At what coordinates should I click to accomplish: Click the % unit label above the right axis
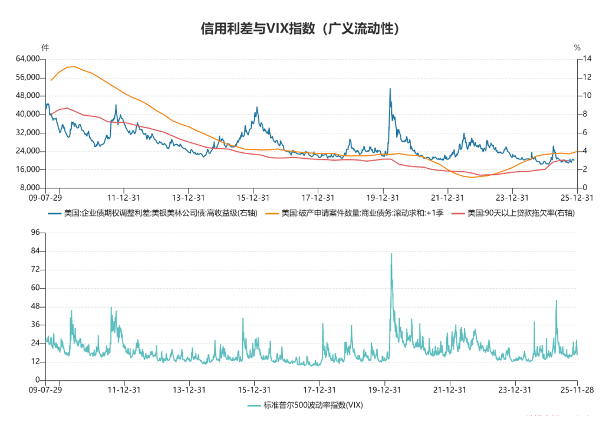click(577, 47)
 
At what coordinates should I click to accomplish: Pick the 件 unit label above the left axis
click(45, 47)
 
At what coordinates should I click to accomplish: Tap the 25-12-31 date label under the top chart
click(577, 198)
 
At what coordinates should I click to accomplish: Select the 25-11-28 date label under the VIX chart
click(577, 390)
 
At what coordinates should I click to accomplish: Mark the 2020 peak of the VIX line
click(391, 254)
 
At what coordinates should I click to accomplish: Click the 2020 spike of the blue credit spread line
click(390, 89)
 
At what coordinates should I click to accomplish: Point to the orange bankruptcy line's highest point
click(74, 67)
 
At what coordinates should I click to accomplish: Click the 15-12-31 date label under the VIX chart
click(253, 390)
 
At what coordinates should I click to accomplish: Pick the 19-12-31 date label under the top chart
click(384, 198)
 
